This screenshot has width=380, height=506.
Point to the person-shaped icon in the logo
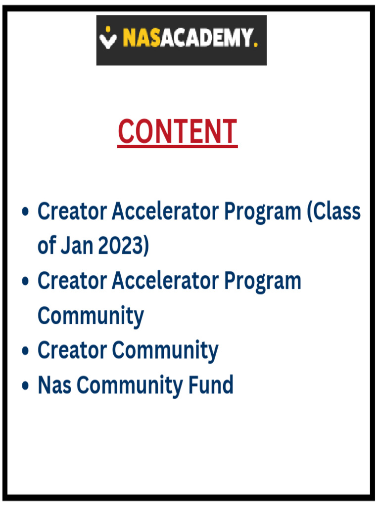click(108, 39)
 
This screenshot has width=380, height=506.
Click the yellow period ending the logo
click(255, 45)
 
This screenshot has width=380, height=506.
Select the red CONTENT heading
click(178, 131)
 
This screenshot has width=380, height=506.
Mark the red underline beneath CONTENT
click(178, 146)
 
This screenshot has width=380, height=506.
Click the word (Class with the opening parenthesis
click(333, 211)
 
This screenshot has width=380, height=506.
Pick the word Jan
click(77, 246)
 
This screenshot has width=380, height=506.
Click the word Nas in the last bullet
click(54, 385)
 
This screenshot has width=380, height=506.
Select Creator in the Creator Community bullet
click(72, 350)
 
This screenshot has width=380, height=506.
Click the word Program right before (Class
click(262, 212)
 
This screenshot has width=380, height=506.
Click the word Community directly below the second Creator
click(91, 316)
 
